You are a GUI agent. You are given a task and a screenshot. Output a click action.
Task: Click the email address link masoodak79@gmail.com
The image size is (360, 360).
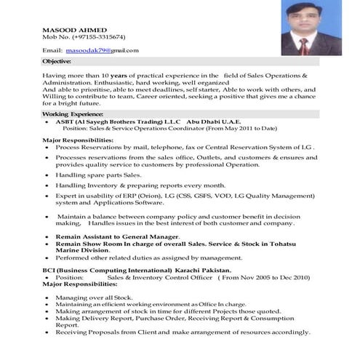tap(102, 50)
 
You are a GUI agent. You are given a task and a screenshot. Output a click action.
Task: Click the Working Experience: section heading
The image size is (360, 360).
tap(72, 115)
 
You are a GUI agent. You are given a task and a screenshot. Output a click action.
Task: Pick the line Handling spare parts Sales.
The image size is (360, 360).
tap(98, 175)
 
